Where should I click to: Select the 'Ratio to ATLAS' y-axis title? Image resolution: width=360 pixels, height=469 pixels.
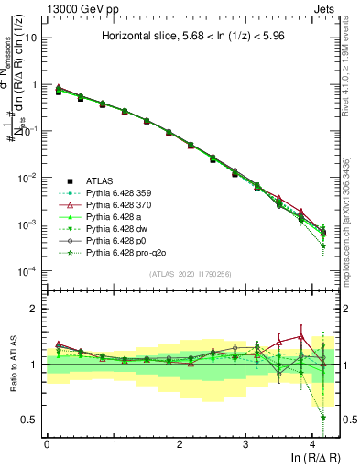[x=10, y=364]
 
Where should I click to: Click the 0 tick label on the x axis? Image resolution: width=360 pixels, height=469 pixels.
[x=47, y=443]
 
